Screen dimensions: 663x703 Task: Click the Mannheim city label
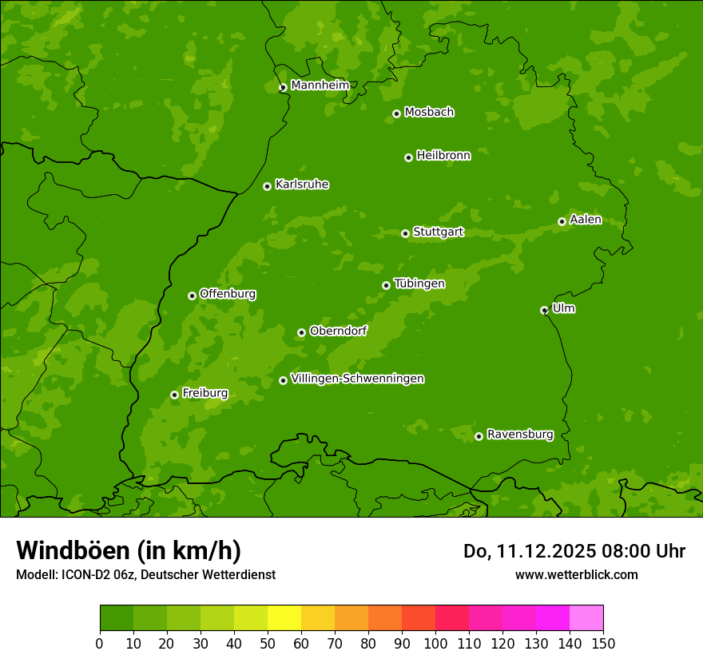point(320,85)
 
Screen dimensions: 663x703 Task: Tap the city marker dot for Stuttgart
point(405,233)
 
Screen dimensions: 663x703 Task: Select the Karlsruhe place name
point(302,185)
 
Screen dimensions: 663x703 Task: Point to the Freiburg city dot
point(174,395)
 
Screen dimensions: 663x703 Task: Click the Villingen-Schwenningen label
point(357,379)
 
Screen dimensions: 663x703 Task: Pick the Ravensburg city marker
point(479,436)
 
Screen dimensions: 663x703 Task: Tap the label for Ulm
point(563,308)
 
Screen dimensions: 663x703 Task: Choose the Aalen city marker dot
point(562,221)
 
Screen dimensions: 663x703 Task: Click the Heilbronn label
point(443,156)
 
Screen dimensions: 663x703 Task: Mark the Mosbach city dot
point(396,113)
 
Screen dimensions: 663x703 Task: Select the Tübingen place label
point(419,284)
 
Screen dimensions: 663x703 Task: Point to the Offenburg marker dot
point(192,296)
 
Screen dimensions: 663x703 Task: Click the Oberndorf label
point(338,331)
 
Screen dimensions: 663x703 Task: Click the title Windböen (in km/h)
point(129,550)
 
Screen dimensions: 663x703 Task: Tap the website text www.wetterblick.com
point(576,574)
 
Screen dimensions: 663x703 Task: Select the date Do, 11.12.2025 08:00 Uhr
point(574,551)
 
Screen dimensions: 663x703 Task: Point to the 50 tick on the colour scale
point(268,643)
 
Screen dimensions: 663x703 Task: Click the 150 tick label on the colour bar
point(603,643)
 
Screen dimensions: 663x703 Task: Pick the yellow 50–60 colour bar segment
point(284,617)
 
